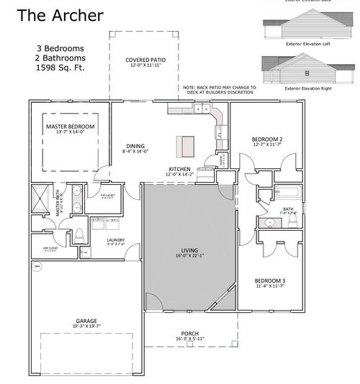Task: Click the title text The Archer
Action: pos(60,15)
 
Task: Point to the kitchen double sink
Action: pos(199,109)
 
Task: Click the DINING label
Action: pos(135,146)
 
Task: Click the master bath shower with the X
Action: pos(41,198)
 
